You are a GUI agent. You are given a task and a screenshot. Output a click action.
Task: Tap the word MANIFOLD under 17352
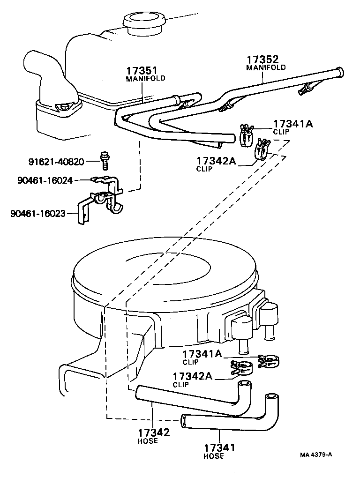[x=266, y=67]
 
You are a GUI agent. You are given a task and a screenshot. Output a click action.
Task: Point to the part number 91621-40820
[x=56, y=162]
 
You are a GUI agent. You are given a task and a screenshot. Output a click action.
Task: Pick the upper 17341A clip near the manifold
[x=246, y=134]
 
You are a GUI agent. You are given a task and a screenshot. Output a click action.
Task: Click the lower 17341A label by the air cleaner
[x=202, y=354]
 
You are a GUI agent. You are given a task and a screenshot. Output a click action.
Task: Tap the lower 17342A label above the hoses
[x=193, y=376]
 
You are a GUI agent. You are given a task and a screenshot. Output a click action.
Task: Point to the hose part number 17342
[x=154, y=433]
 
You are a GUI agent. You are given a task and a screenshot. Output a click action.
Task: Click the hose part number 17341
[x=219, y=448]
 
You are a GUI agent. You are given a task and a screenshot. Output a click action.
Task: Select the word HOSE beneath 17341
[x=213, y=456]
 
